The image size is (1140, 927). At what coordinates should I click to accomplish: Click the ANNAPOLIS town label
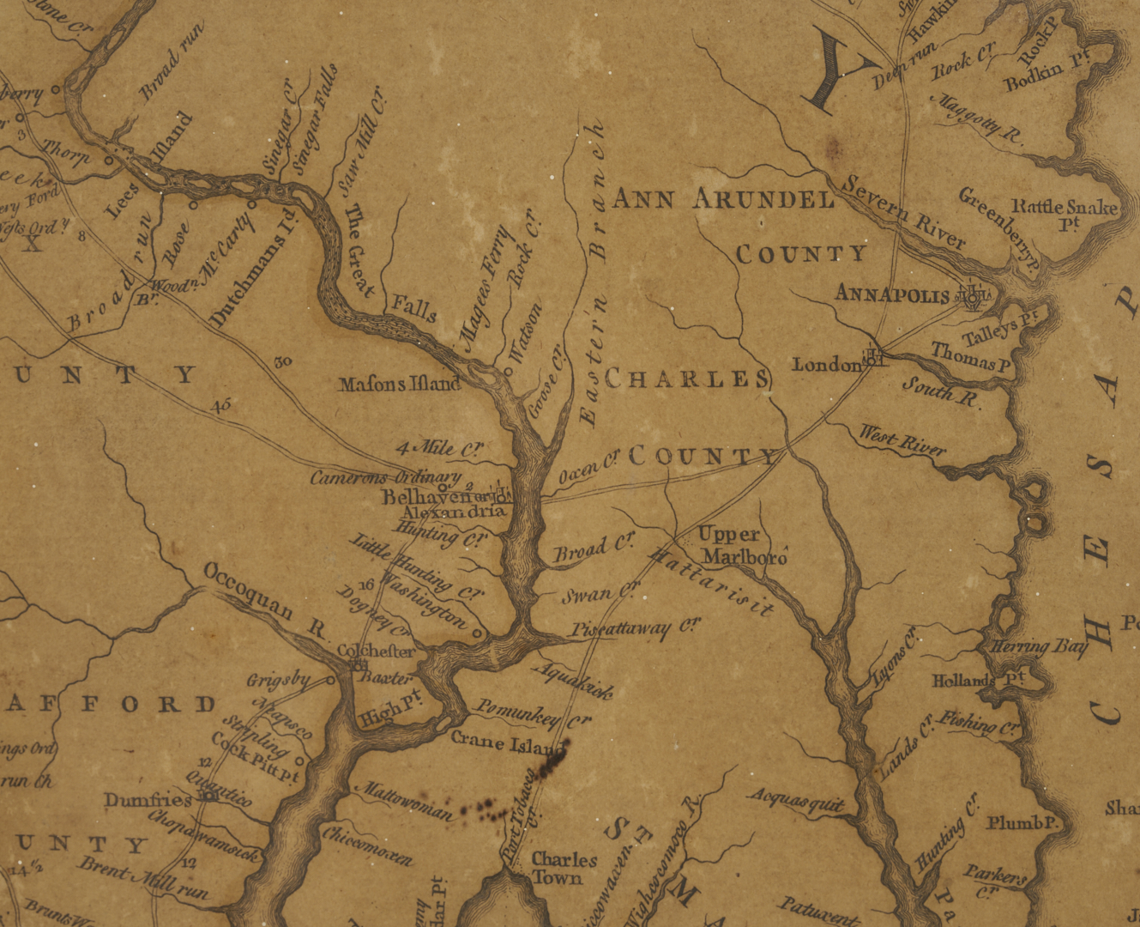891,294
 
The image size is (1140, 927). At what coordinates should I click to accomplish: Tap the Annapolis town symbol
973,297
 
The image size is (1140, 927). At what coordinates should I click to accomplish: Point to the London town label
826,365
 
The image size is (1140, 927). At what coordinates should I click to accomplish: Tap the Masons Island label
400,384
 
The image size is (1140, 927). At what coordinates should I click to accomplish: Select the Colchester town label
376,651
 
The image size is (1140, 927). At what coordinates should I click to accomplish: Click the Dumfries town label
148,800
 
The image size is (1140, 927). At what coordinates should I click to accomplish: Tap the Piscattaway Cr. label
633,629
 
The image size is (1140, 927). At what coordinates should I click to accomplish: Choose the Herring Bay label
1038,647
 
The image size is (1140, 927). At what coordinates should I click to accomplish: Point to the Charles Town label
563,868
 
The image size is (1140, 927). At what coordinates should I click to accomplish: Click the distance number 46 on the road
221,405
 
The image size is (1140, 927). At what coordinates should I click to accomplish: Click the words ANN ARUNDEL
722,200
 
